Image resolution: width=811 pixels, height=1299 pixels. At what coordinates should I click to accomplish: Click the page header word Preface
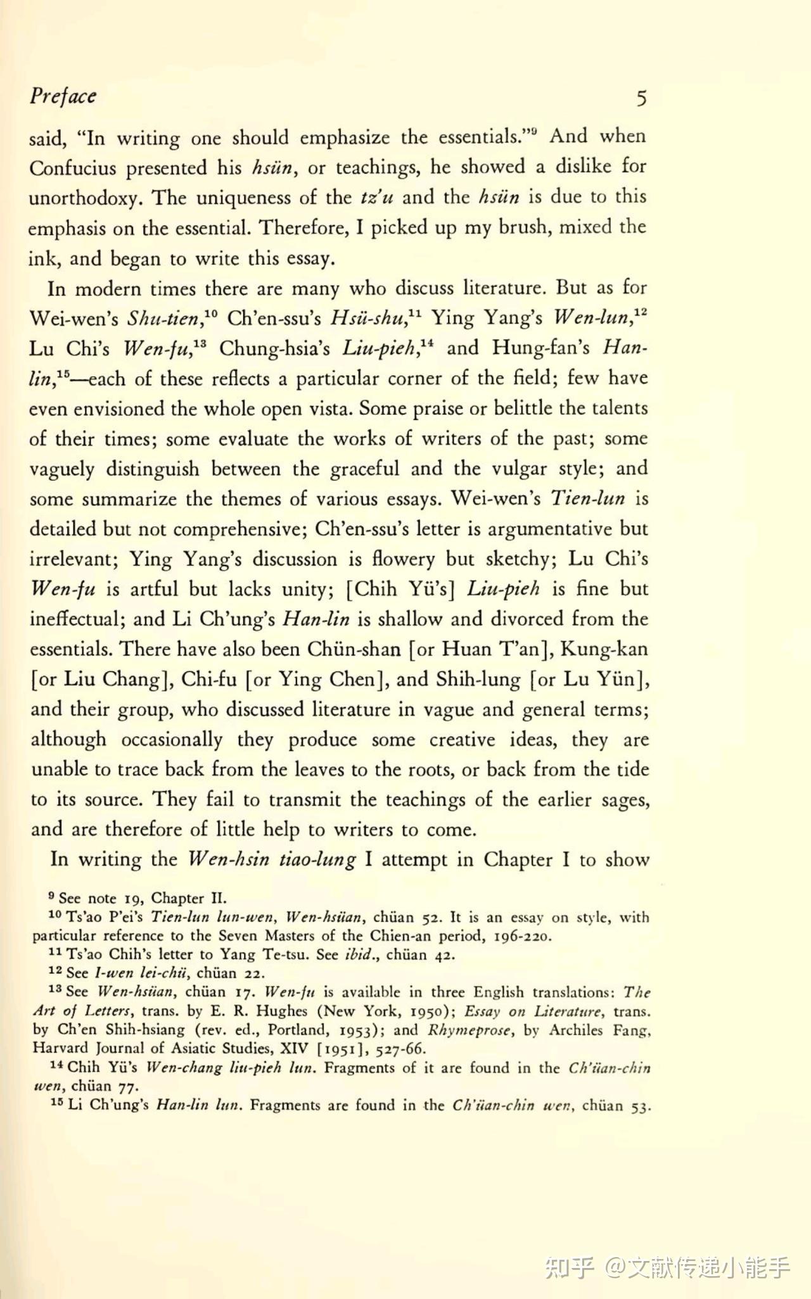(x=63, y=96)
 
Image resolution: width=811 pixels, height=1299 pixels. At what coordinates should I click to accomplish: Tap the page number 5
(x=641, y=99)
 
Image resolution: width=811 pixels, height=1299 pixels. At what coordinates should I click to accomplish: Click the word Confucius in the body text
(x=72, y=168)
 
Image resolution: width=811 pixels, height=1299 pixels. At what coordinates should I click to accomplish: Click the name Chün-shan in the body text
(x=354, y=649)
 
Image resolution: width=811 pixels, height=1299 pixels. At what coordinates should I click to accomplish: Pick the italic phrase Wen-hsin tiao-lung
(x=272, y=859)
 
